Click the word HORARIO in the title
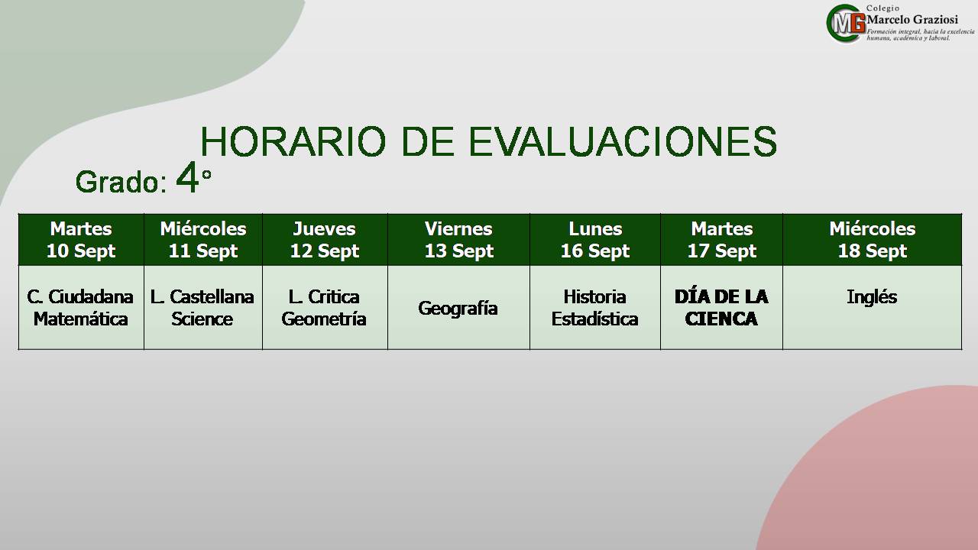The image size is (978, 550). [293, 141]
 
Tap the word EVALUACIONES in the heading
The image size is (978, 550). [623, 141]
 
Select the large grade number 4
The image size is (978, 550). [187, 178]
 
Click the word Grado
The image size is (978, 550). [118, 182]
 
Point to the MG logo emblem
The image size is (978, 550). [846, 24]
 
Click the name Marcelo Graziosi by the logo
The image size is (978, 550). [912, 20]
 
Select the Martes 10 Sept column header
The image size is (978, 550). [81, 240]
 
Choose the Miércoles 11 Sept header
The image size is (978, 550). [203, 240]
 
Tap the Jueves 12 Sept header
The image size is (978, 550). [325, 240]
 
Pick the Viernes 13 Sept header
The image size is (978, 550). [459, 240]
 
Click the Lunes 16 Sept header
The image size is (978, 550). [595, 240]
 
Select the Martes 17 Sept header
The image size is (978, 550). [722, 240]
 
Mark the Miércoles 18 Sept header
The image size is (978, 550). [873, 240]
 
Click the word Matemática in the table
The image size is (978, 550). [81, 319]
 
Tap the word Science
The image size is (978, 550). [202, 319]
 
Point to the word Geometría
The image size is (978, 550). [324, 319]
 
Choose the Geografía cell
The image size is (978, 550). [458, 308]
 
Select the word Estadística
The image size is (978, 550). [594, 319]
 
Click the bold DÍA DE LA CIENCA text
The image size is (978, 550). [721, 308]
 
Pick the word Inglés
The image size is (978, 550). [872, 297]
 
